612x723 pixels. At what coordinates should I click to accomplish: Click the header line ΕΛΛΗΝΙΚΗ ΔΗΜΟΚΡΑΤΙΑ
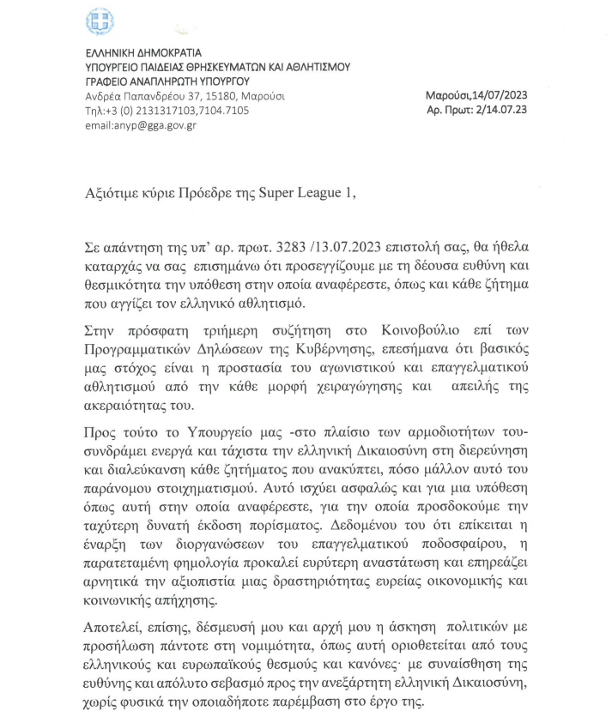(133, 54)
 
